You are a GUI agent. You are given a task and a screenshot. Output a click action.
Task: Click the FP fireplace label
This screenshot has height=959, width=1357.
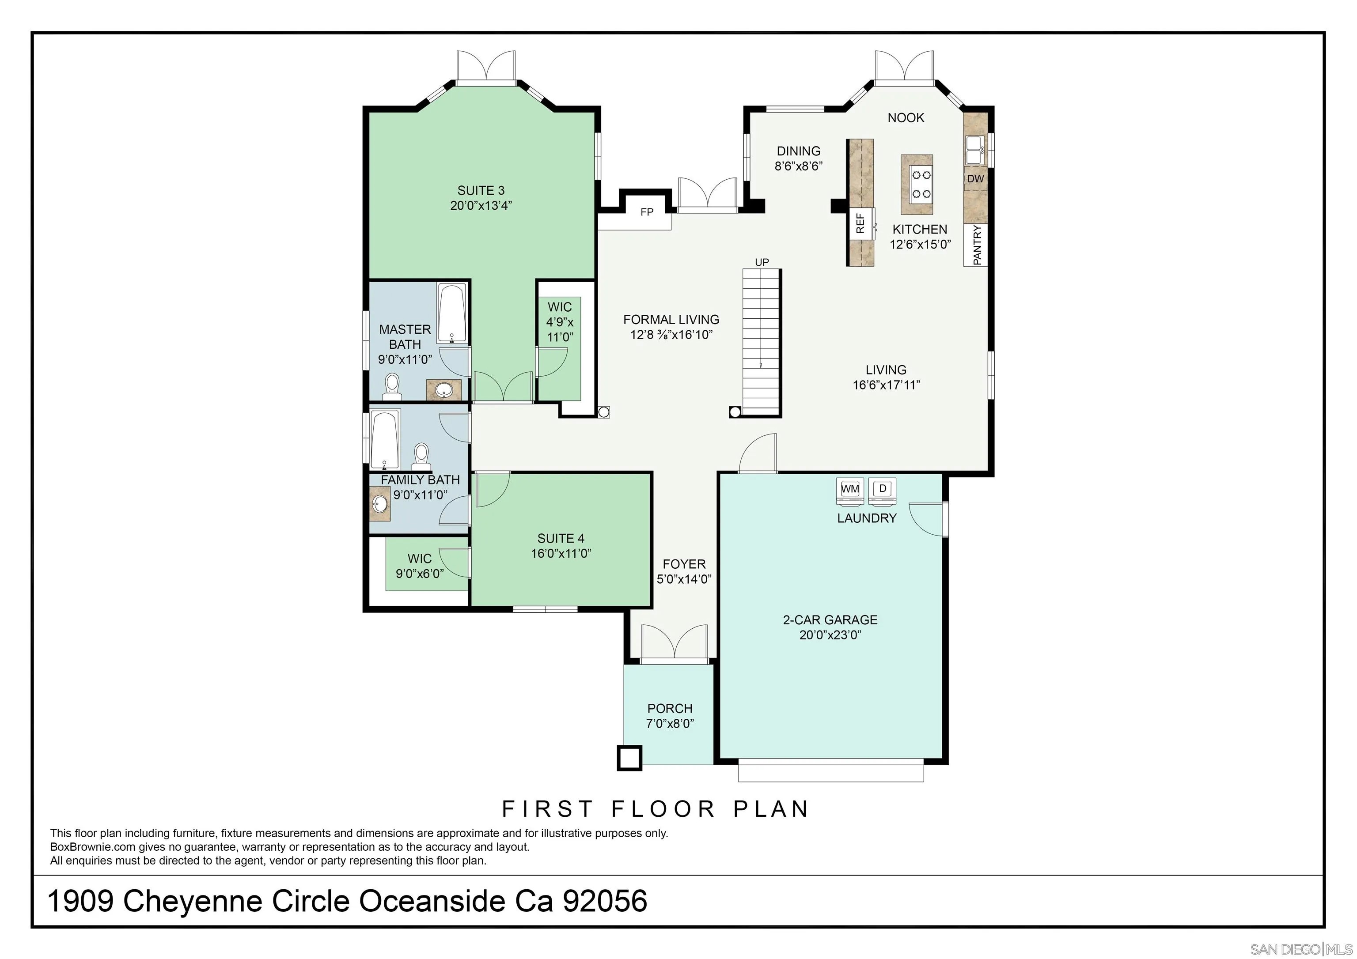(x=647, y=212)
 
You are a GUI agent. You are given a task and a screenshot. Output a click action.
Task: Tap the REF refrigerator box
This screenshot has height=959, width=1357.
(x=861, y=223)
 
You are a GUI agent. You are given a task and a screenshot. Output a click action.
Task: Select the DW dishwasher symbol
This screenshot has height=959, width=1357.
(x=975, y=178)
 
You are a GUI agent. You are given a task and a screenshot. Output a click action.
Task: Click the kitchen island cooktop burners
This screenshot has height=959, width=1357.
(x=921, y=184)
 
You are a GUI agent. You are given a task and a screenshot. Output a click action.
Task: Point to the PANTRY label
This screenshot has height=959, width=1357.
(x=976, y=245)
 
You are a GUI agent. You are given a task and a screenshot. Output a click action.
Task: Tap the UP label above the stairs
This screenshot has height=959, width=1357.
(x=762, y=262)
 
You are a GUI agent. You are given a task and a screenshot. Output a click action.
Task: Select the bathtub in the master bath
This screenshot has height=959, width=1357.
(x=453, y=313)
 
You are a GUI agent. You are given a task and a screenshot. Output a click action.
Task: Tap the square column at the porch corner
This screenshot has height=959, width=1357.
(x=629, y=758)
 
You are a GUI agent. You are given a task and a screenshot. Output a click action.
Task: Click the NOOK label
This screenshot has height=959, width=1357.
(x=906, y=117)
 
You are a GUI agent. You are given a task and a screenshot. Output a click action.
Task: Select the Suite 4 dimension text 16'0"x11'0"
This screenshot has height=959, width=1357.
(x=561, y=554)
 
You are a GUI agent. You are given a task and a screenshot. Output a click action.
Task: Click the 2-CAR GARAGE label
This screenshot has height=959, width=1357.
(x=830, y=620)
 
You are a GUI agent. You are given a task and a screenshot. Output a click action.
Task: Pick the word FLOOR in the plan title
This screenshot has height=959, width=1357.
(x=664, y=809)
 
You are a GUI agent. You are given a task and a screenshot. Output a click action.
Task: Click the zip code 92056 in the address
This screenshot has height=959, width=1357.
(x=605, y=902)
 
